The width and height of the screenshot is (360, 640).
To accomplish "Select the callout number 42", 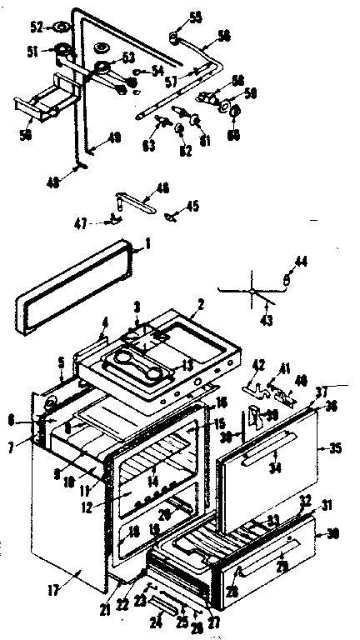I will pos(258,364).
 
